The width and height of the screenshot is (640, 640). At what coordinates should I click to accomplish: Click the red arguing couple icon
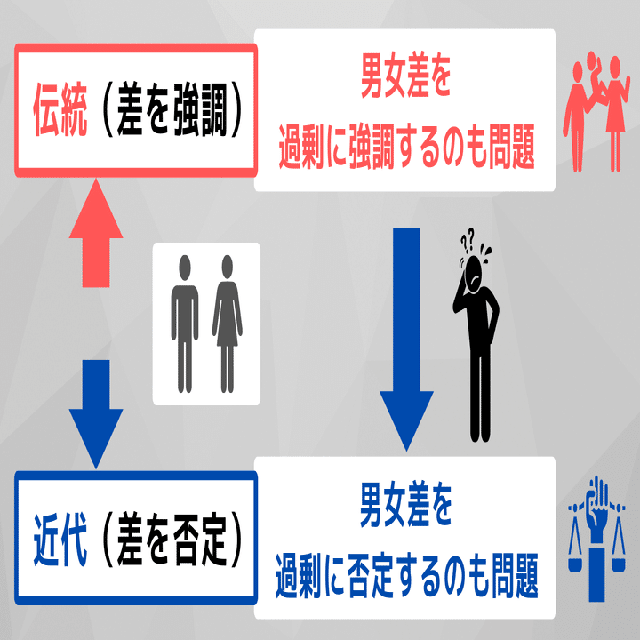(595, 111)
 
